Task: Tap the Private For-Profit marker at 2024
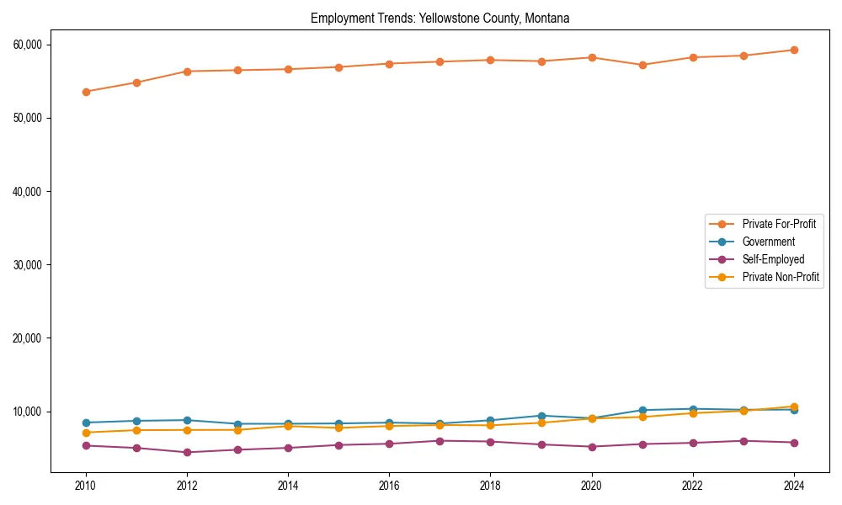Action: pos(794,50)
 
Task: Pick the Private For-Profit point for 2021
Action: pos(642,65)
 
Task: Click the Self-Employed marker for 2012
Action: pos(187,453)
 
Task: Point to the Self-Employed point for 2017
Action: pos(440,441)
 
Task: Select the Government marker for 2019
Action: pos(541,416)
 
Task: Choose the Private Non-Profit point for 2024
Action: pos(794,407)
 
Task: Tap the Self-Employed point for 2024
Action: pos(794,443)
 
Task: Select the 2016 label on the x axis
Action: pos(389,486)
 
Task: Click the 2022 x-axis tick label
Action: pos(693,486)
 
